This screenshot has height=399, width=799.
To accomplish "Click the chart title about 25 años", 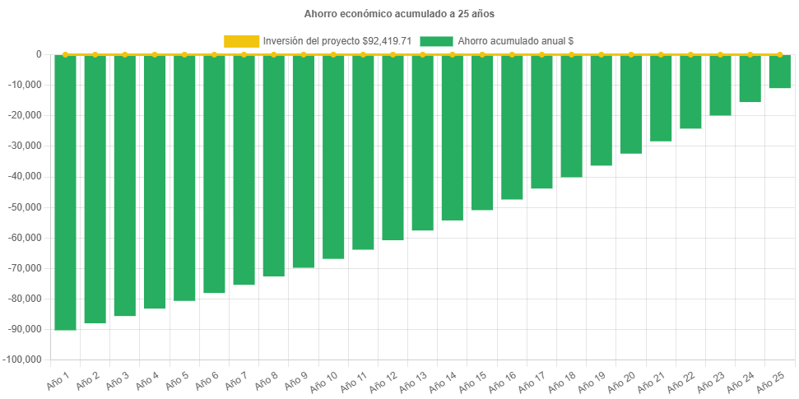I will point(399,14).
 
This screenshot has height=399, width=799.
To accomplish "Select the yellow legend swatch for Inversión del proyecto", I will point(241,41).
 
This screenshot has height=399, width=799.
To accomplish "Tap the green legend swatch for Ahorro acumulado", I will point(436,41).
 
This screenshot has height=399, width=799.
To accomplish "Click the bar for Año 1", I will point(65,193).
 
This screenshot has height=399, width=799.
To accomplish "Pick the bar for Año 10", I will point(333,157).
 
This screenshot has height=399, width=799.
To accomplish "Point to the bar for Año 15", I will point(482,132).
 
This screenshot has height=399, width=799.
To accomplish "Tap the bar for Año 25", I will point(779,72).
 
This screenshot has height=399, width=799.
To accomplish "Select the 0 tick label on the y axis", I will point(39,54).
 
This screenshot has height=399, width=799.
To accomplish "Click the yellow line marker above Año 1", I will point(65,54).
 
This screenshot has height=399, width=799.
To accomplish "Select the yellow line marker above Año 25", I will point(779,54).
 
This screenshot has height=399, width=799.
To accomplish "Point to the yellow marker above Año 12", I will point(393,54).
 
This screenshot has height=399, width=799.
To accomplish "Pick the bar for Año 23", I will point(720,85).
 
